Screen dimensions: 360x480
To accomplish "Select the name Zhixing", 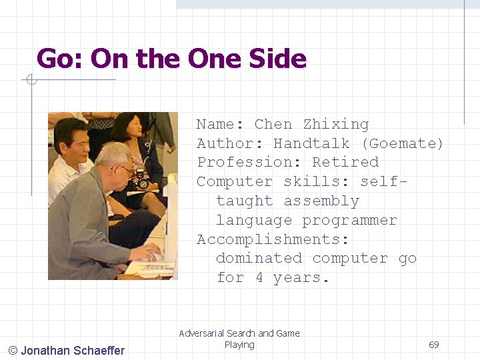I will [336, 124].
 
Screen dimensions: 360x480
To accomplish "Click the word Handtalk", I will [311, 143].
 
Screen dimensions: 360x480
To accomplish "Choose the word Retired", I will [345, 162].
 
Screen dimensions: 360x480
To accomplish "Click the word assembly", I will [321, 201].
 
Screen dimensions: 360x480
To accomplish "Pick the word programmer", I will [349, 220].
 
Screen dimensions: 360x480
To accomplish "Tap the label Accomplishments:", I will [273, 239].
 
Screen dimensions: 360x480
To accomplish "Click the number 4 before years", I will [259, 277].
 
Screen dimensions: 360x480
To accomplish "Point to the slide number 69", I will [434, 345].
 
